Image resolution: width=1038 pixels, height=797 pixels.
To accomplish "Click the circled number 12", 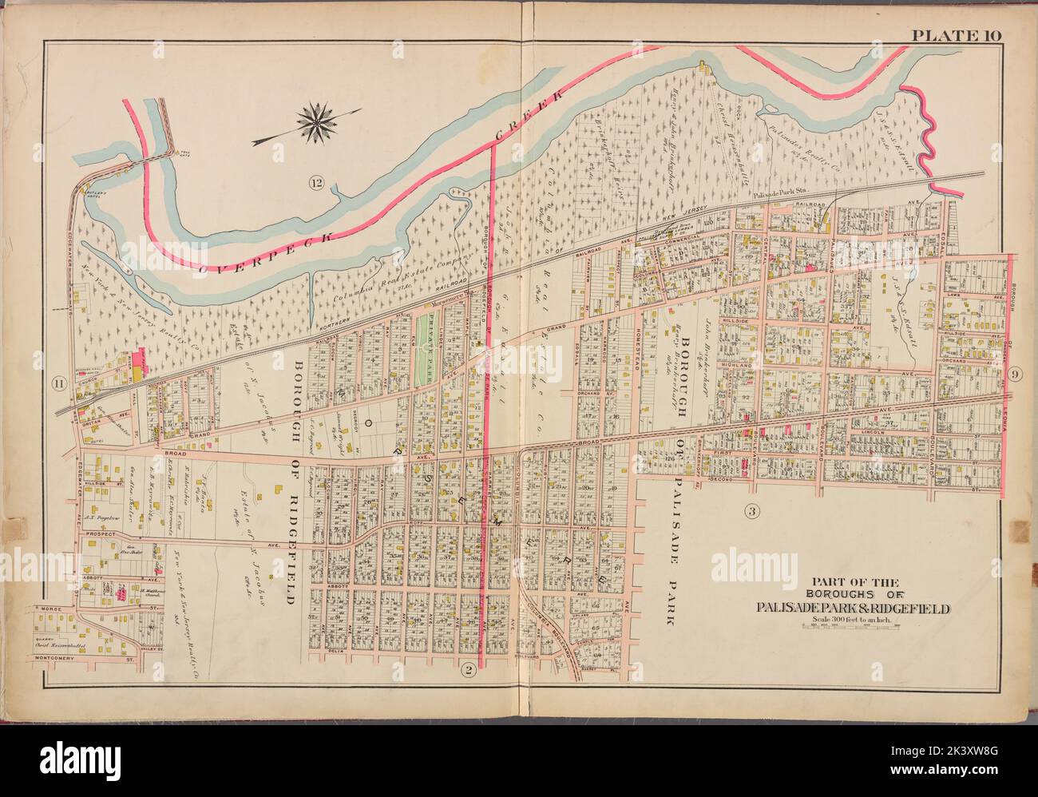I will pyautogui.click(x=316, y=185).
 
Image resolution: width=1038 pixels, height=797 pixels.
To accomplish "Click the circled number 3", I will pyautogui.click(x=751, y=510).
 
